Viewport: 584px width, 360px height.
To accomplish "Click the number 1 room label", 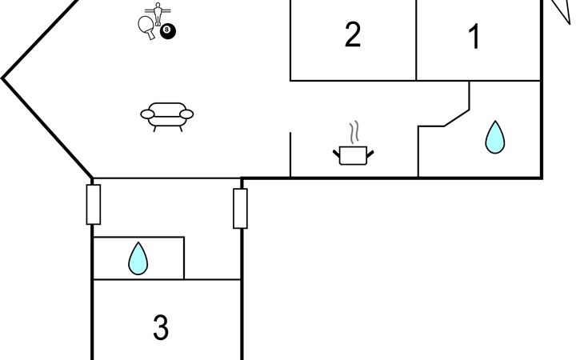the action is pos(474,37).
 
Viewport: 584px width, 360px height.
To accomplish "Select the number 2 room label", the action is pos(353,34).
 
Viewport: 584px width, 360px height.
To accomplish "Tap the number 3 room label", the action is pos(161,327).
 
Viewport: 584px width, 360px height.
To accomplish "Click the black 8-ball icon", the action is pos(168,31).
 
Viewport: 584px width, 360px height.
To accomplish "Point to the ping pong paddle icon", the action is pos(146,26).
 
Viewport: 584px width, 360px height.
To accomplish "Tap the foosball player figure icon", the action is pos(158,14).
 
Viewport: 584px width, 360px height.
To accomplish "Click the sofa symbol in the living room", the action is pos(167,117).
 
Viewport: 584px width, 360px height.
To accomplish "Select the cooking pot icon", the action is pos(353,155).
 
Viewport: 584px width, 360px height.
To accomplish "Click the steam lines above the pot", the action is pos(354,132).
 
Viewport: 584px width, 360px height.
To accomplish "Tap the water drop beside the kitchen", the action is pos(495,138).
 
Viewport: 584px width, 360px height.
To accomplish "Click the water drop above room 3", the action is pos(138,258).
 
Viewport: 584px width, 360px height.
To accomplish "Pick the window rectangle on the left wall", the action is pos(94,204).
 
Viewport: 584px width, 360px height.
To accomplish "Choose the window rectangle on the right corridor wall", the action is pos(240,209).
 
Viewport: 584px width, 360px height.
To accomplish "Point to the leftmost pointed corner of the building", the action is pos(2,78).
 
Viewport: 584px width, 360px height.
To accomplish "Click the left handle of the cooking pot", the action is pos(336,153).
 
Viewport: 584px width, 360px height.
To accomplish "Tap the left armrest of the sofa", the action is pos(147,114).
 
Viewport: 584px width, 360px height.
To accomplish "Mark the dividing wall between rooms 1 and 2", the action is pos(416,40).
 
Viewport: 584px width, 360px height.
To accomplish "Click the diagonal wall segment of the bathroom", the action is pos(457,118).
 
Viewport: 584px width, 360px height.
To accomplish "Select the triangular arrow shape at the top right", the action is pos(561,10).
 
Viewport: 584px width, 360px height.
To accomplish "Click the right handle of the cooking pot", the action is pos(370,154).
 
